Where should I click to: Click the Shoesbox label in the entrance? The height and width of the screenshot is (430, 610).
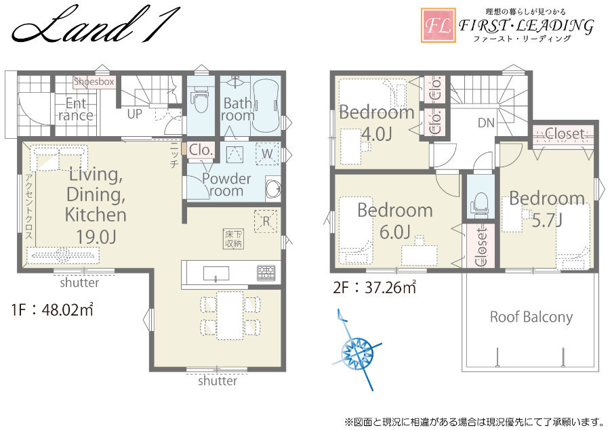(x=94, y=82)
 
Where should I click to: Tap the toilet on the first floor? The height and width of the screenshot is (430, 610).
(x=201, y=99)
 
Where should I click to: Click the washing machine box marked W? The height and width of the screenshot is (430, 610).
(x=267, y=153)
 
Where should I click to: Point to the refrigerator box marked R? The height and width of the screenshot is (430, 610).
(x=266, y=221)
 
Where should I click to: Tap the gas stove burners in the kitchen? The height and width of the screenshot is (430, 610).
(x=266, y=272)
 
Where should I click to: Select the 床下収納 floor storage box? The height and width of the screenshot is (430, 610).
(x=233, y=239)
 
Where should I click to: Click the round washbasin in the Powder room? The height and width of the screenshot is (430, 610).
(x=273, y=188)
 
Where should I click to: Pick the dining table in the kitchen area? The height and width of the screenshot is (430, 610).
(x=230, y=315)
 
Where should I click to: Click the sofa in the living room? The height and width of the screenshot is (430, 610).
(x=59, y=158)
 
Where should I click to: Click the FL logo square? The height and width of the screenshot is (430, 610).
(x=439, y=25)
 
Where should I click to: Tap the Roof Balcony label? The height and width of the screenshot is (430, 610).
(x=531, y=317)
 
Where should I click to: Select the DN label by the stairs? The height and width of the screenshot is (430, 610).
(x=486, y=123)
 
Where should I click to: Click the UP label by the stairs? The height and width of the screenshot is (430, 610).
(x=135, y=114)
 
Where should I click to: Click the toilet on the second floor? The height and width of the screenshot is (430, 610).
(x=480, y=202)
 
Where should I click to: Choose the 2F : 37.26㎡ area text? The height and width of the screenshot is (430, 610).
(x=374, y=287)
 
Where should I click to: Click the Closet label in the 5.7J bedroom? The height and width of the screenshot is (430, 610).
(x=565, y=134)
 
